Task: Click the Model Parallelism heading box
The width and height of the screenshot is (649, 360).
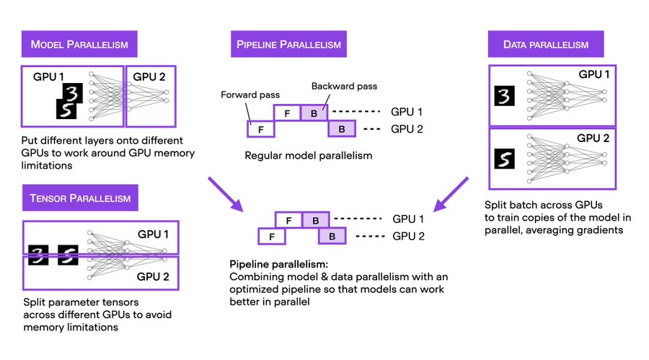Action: (x=79, y=45)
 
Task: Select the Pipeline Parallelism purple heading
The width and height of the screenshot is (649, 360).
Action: (x=288, y=45)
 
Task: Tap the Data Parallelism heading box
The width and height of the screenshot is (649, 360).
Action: (x=547, y=45)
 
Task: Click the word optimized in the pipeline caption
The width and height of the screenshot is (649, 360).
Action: (x=260, y=289)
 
